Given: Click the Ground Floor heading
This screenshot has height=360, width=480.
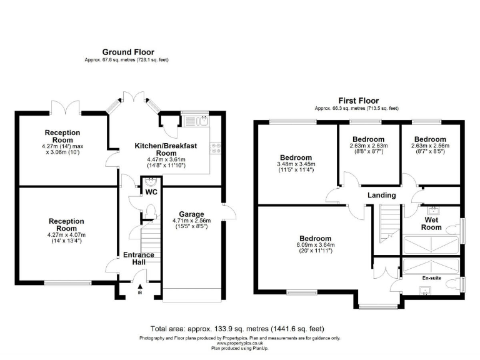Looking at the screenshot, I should [128, 52].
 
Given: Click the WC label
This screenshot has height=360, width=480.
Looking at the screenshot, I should [151, 192].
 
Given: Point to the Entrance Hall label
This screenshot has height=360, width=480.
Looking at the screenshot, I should [134, 258].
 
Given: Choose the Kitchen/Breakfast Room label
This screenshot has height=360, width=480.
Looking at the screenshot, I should [166, 149].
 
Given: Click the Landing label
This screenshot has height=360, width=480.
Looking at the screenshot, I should [381, 195].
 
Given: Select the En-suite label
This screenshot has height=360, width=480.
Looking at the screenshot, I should [431, 278].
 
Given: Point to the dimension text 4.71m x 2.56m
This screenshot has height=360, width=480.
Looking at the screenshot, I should [192, 220].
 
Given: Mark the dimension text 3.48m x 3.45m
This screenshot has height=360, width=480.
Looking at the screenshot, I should [296, 164].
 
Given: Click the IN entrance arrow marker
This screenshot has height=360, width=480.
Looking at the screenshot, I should [139, 289].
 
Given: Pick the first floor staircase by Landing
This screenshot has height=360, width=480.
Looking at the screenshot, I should [389, 225].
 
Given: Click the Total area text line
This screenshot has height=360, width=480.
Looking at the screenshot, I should [237, 329].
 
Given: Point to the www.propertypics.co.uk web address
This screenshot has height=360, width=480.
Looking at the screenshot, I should [240, 343].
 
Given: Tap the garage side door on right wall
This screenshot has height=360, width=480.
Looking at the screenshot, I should [229, 212].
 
